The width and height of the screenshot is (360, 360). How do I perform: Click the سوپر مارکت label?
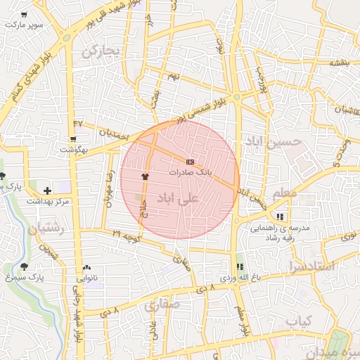coord(23,25)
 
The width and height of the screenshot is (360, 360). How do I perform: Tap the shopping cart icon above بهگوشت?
coord(73,139)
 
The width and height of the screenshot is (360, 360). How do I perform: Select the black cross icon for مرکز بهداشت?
coord(47,190)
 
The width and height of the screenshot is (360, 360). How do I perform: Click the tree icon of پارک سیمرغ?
coord(25,266)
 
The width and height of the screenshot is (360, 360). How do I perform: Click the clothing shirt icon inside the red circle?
coord(146,177)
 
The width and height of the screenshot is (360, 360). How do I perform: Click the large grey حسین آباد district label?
coord(272,141)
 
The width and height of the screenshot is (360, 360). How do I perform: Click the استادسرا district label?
coord(309,268)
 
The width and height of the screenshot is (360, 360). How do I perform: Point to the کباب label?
coord(298,321)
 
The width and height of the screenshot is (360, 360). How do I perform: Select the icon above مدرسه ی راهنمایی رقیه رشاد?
coord(281,217)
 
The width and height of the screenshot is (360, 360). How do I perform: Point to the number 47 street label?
coord(77,124)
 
